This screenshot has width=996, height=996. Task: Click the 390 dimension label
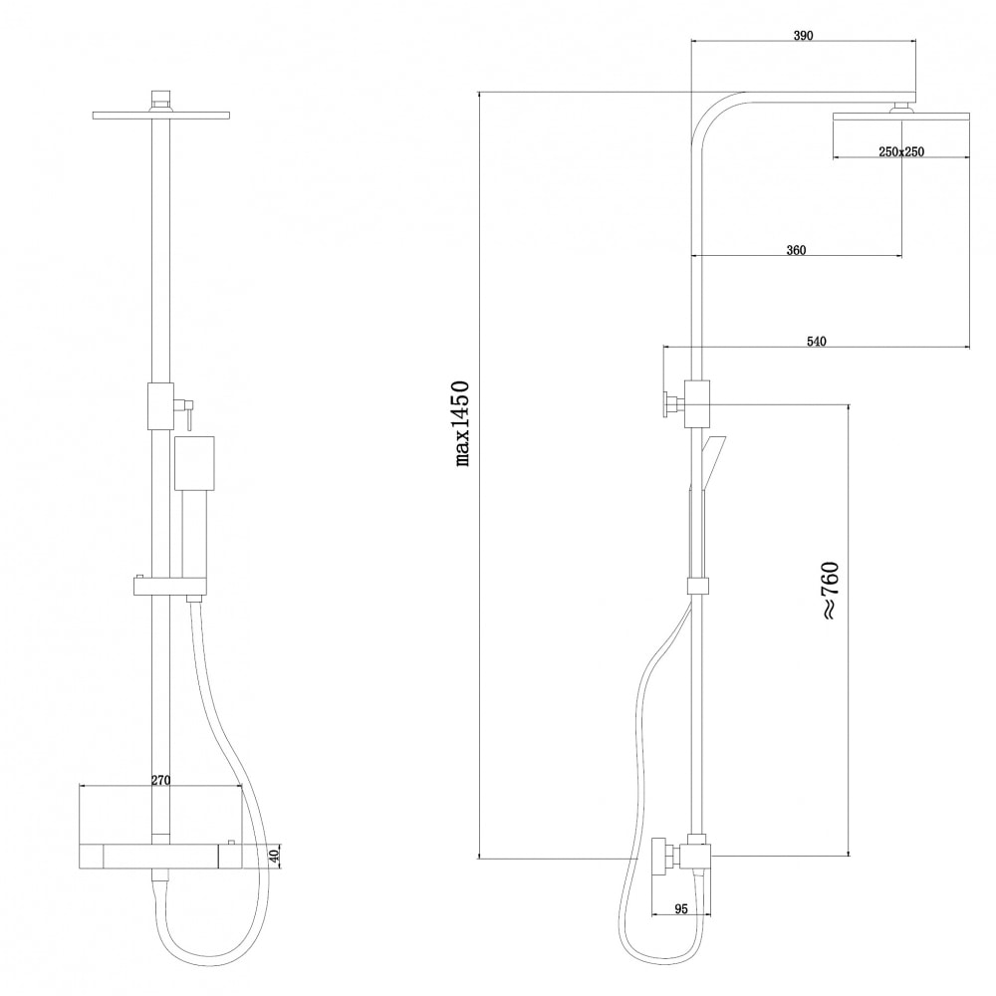click(x=803, y=36)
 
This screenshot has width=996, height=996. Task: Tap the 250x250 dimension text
click(x=901, y=151)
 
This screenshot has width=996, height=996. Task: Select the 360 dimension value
click(x=796, y=250)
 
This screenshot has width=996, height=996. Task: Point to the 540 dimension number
click(x=817, y=342)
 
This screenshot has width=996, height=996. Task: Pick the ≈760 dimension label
click(x=831, y=591)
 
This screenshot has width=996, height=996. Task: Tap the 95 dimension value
click(x=681, y=909)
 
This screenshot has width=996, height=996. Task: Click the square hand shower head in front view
click(x=194, y=463)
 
